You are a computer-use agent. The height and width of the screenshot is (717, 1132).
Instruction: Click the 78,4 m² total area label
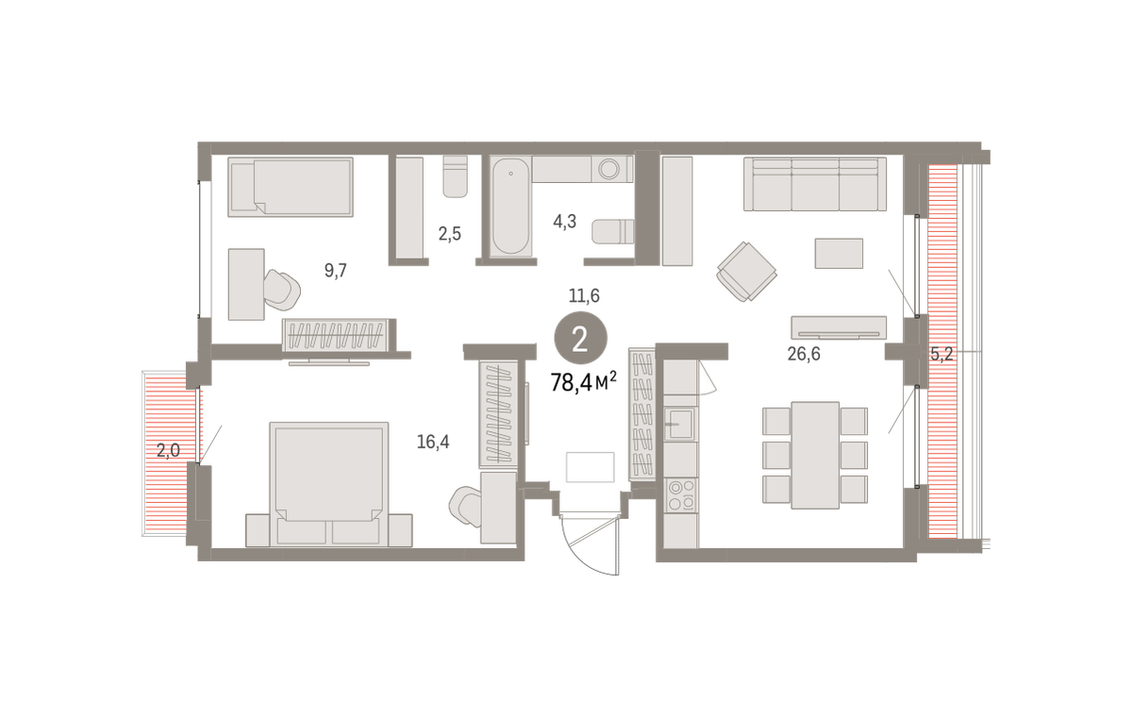[584, 382]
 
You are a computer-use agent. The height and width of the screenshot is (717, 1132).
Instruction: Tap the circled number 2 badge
[581, 338]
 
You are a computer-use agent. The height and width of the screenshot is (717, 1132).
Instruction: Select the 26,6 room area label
[804, 354]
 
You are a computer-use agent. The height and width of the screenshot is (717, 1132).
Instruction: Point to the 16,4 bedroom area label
[433, 442]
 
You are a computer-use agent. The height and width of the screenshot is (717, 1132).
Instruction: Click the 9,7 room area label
[336, 271]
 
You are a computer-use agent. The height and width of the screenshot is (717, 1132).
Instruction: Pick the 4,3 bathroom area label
[564, 222]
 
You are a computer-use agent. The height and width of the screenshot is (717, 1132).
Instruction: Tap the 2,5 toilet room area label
[449, 234]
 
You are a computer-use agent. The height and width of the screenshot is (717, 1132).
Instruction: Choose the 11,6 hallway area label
[584, 295]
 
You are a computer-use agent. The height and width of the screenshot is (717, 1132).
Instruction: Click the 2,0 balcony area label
[168, 450]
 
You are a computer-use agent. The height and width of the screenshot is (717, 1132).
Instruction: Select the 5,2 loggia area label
[941, 354]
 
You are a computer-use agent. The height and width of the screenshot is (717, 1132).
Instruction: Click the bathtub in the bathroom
[511, 207]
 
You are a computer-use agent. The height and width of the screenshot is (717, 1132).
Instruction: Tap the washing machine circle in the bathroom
[609, 169]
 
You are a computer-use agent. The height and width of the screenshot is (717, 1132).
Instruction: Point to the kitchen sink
[680, 423]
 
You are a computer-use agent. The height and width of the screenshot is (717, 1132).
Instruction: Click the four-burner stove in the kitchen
[681, 495]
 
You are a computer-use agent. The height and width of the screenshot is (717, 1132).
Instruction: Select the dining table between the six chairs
[815, 455]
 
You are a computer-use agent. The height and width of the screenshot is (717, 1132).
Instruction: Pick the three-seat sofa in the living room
[815, 184]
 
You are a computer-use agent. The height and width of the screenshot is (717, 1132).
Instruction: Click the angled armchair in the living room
[746, 272]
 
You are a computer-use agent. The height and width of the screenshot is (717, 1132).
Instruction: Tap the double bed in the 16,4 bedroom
[329, 484]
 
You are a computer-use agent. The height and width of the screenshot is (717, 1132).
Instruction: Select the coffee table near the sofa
[839, 254]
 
